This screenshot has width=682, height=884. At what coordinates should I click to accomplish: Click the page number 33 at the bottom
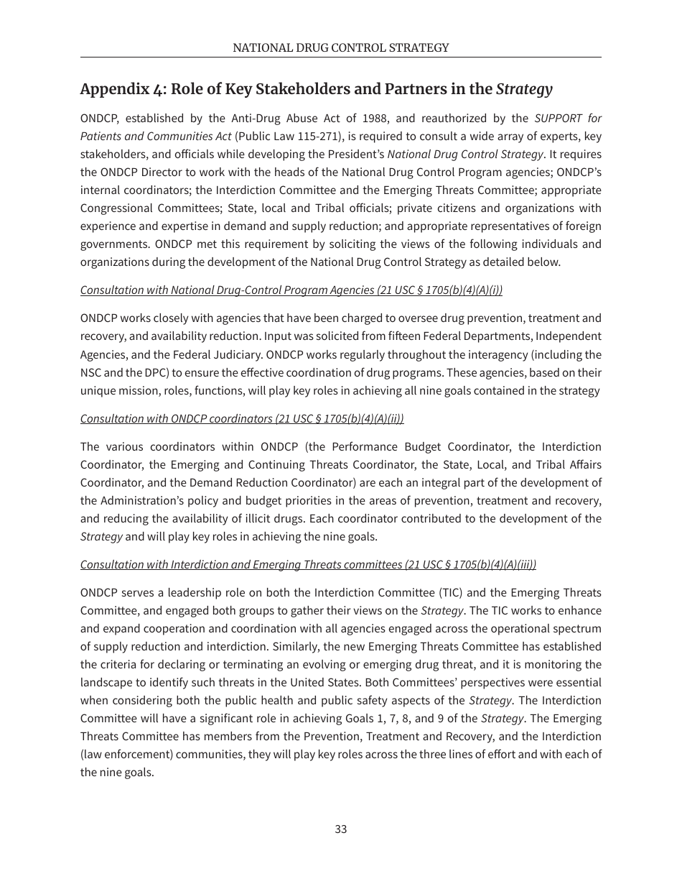point(341,829)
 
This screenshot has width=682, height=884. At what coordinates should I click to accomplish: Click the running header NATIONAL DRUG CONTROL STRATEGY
point(341,47)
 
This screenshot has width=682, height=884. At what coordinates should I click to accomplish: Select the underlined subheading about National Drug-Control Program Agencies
point(291,290)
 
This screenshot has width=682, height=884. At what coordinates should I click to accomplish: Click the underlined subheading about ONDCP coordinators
point(242,418)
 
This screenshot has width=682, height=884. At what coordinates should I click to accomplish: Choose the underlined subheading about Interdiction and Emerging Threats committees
point(308,564)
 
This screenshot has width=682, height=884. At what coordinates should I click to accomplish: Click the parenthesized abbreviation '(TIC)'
point(450,592)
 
